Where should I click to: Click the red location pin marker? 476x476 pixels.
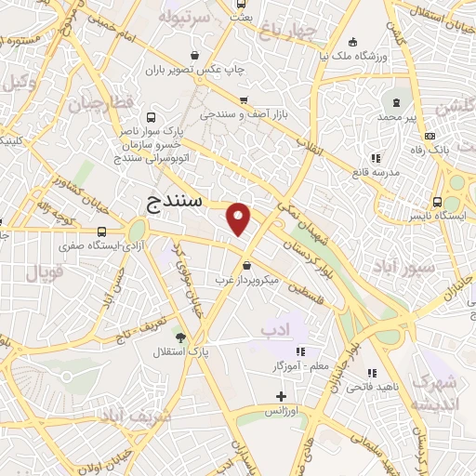pos(240,218)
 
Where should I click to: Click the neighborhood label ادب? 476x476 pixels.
pos(276,329)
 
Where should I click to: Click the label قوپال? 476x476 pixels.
pos(43,273)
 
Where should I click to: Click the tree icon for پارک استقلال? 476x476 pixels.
pos(180,337)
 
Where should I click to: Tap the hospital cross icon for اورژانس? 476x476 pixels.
pos(282,397)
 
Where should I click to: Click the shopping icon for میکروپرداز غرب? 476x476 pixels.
pos(245,266)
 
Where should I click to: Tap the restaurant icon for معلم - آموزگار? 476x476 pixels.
pos(300,351)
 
